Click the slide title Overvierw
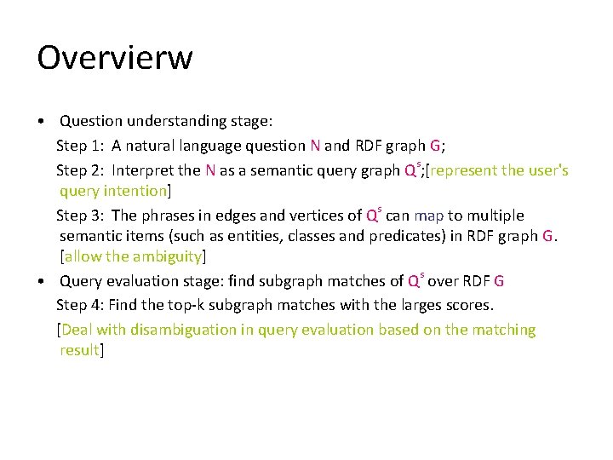click(x=115, y=59)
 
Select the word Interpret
click(x=145, y=170)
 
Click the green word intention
click(x=135, y=191)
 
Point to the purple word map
click(x=428, y=216)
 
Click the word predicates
click(x=405, y=236)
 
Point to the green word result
click(x=79, y=350)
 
